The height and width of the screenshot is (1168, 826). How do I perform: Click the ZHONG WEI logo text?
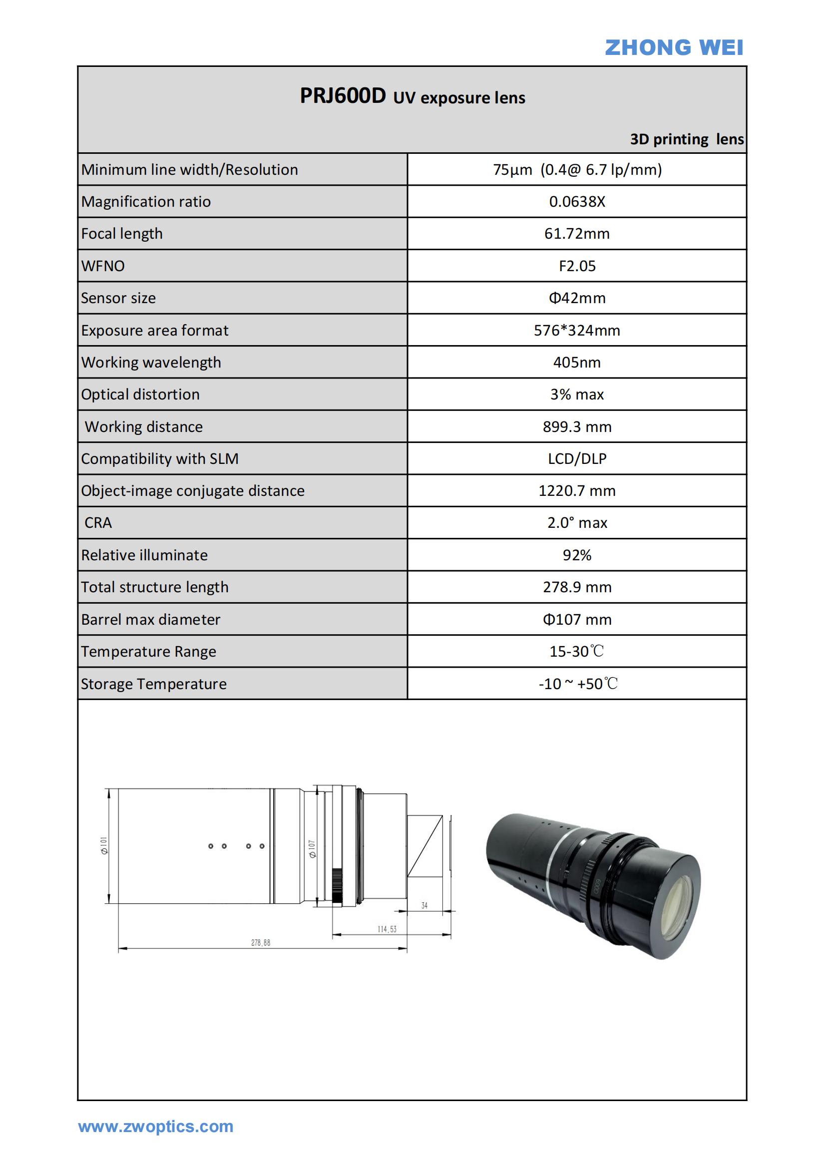coord(673,48)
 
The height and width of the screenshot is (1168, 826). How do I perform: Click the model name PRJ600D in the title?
coord(342,96)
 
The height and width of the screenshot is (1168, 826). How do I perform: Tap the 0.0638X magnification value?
coord(577,201)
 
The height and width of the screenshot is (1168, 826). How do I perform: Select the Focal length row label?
coord(122,234)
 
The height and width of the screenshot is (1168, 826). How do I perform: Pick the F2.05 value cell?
coord(577,266)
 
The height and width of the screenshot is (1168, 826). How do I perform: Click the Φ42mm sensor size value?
coord(577,298)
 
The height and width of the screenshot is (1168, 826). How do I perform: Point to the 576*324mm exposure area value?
coord(577,330)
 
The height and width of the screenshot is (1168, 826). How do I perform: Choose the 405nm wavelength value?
coord(577,362)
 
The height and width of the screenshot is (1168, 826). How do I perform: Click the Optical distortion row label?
coord(140,394)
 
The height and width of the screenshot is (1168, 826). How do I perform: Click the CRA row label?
coord(98,522)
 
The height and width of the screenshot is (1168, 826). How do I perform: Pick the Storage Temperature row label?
coord(154,684)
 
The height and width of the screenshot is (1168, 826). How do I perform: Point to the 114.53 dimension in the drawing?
coord(387,929)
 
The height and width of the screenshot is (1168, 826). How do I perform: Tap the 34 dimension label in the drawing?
coord(424,905)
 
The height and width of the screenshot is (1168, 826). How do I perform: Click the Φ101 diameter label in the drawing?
coord(104,845)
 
